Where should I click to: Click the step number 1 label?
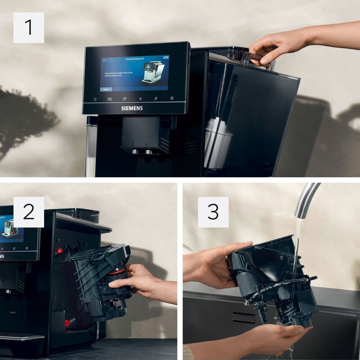tap(29, 27)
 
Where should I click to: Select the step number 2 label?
tap(29, 212)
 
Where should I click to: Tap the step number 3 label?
tap(213, 212)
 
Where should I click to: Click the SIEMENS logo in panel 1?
tap(132, 108)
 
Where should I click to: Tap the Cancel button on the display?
tap(106, 90)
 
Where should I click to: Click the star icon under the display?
tap(140, 99)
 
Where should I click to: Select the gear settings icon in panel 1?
tap(171, 98)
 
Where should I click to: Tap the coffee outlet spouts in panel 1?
tap(141, 152)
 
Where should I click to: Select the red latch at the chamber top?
tap(59, 250)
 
